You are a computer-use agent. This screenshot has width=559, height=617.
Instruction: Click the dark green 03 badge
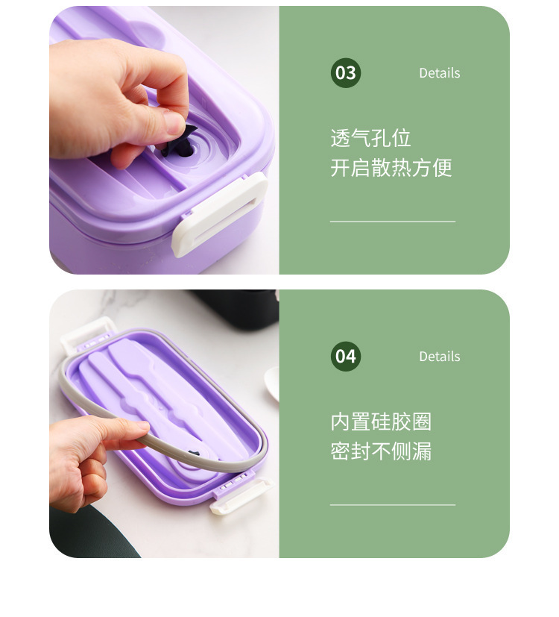(345, 73)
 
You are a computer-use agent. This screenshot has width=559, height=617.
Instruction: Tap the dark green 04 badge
(345, 357)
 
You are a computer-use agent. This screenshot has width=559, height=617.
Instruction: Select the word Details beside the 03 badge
(439, 73)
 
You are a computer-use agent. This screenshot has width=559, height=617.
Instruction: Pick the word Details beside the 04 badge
(439, 357)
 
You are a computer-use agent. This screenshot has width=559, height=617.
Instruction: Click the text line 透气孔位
(370, 139)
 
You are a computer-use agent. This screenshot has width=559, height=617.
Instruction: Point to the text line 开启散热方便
(391, 168)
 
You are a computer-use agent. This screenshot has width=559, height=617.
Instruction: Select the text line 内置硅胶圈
(381, 422)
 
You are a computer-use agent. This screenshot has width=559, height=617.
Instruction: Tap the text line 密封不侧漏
(381, 451)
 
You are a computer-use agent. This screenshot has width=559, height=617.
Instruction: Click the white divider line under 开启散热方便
(392, 222)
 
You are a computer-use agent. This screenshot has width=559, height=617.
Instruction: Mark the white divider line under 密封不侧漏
(392, 505)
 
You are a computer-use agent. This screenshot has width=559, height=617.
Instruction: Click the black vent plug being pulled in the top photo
(180, 140)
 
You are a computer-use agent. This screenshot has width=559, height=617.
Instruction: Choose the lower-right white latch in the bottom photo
(240, 497)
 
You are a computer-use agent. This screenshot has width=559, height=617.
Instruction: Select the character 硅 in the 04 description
(381, 422)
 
